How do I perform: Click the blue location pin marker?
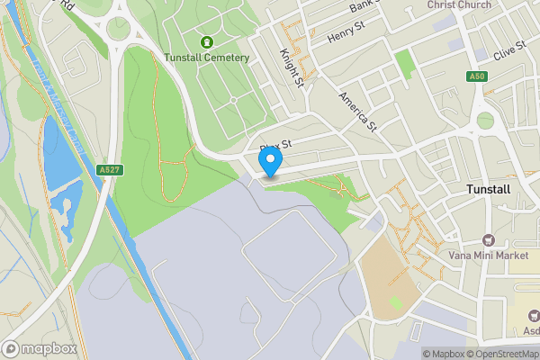pos(270,161)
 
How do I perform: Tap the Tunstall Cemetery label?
pos(206,58)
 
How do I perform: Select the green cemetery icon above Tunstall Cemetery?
pos(207,41)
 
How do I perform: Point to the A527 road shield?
pos(110,169)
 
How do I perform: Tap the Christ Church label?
pos(460,5)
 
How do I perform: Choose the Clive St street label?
pos(508,49)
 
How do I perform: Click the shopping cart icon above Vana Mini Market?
pos(489,239)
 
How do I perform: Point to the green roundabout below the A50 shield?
pos(485,120)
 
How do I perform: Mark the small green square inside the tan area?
pos(396,302)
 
